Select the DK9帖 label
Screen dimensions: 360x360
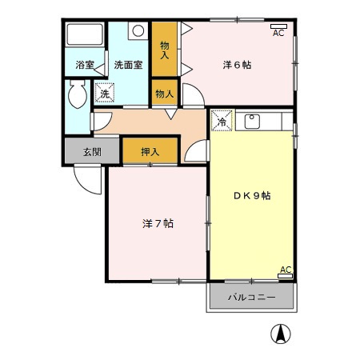coord(251,195)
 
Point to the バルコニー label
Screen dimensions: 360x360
coord(251,297)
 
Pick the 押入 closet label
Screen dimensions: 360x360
coord(150,150)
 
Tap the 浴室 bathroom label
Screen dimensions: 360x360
coord(85,64)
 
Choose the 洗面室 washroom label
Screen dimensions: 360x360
coord(127,64)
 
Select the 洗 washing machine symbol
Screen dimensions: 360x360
coord(104,94)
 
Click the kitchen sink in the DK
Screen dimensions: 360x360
coord(252,122)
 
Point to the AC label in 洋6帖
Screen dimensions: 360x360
coord(278,32)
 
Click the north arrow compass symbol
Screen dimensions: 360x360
coord(282,334)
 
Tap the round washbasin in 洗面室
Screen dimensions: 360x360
coord(137,32)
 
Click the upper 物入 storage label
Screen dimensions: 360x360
coord(164,50)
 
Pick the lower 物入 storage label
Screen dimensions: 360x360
coord(164,94)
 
